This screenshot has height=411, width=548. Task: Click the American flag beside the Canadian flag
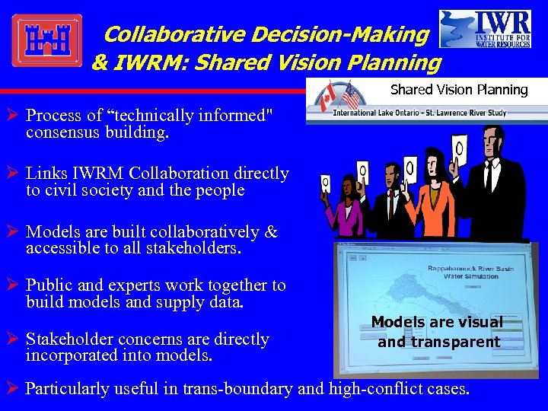(351, 96)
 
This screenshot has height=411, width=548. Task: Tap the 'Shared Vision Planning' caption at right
(458, 90)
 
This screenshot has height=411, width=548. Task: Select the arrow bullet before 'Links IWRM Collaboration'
(14, 174)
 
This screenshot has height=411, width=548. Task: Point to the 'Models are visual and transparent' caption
(438, 332)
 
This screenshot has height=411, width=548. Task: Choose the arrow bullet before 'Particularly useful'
(13, 388)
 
